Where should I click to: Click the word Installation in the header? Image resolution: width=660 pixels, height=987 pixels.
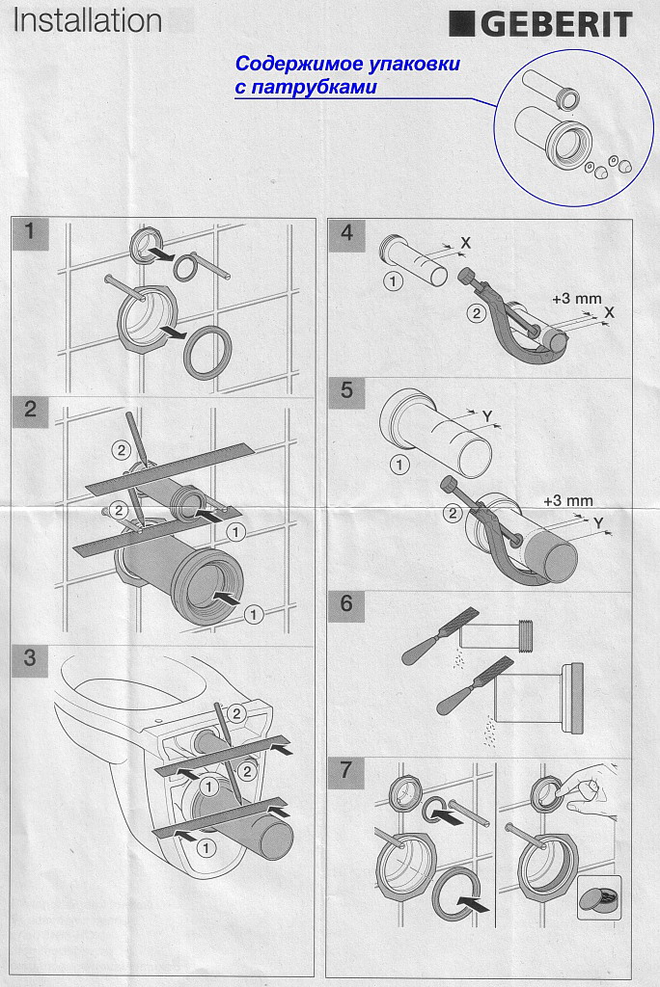(x=88, y=21)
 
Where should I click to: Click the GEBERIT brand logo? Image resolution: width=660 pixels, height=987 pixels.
(x=540, y=25)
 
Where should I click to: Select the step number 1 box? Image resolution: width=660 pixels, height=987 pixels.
(x=30, y=233)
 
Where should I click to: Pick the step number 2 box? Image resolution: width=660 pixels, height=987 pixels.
(x=30, y=411)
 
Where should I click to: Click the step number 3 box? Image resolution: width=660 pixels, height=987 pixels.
(x=30, y=659)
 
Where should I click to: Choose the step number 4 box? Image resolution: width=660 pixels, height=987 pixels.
(x=346, y=234)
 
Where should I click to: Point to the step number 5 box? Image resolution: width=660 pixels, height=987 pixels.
(x=346, y=391)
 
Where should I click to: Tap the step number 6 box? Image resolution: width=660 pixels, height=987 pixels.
(x=346, y=605)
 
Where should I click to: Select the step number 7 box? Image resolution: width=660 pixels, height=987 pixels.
(x=346, y=772)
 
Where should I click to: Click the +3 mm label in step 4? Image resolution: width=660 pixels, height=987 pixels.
(x=576, y=299)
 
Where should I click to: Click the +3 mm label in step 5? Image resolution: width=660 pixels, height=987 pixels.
(x=568, y=501)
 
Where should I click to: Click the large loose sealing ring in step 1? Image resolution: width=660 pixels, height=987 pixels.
(x=207, y=353)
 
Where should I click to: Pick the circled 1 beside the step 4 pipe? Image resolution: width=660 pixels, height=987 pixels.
(x=393, y=280)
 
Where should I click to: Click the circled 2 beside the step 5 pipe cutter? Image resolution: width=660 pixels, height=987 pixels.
(x=452, y=514)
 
